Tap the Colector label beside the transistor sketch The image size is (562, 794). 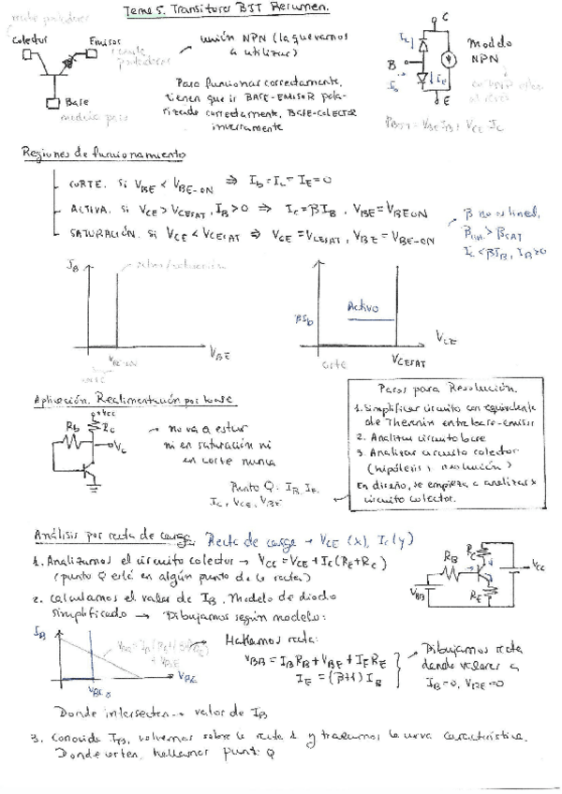pos(29,41)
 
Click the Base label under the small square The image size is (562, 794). pos(76,103)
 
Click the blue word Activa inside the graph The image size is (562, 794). pos(362,307)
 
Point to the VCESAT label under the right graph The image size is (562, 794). pos(410,362)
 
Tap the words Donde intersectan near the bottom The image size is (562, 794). pos(97,711)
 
